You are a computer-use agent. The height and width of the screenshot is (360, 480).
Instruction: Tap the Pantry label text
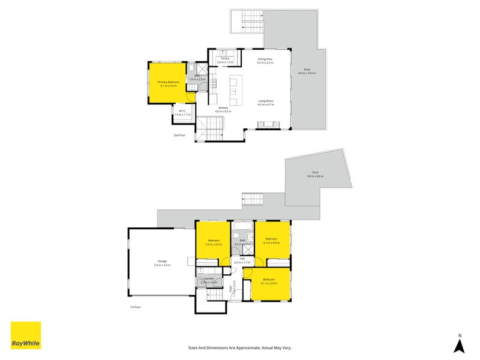tap(224, 58)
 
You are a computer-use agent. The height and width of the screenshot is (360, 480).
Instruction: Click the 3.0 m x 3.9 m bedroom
tap(214, 242)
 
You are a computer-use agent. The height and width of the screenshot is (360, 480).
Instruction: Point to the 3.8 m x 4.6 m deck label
tap(315, 176)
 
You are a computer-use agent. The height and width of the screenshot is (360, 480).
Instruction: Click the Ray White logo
tap(26, 335)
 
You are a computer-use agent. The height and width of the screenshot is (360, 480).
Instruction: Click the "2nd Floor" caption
tap(179, 136)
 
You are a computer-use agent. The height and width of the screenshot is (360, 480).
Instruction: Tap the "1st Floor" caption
tap(136, 307)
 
